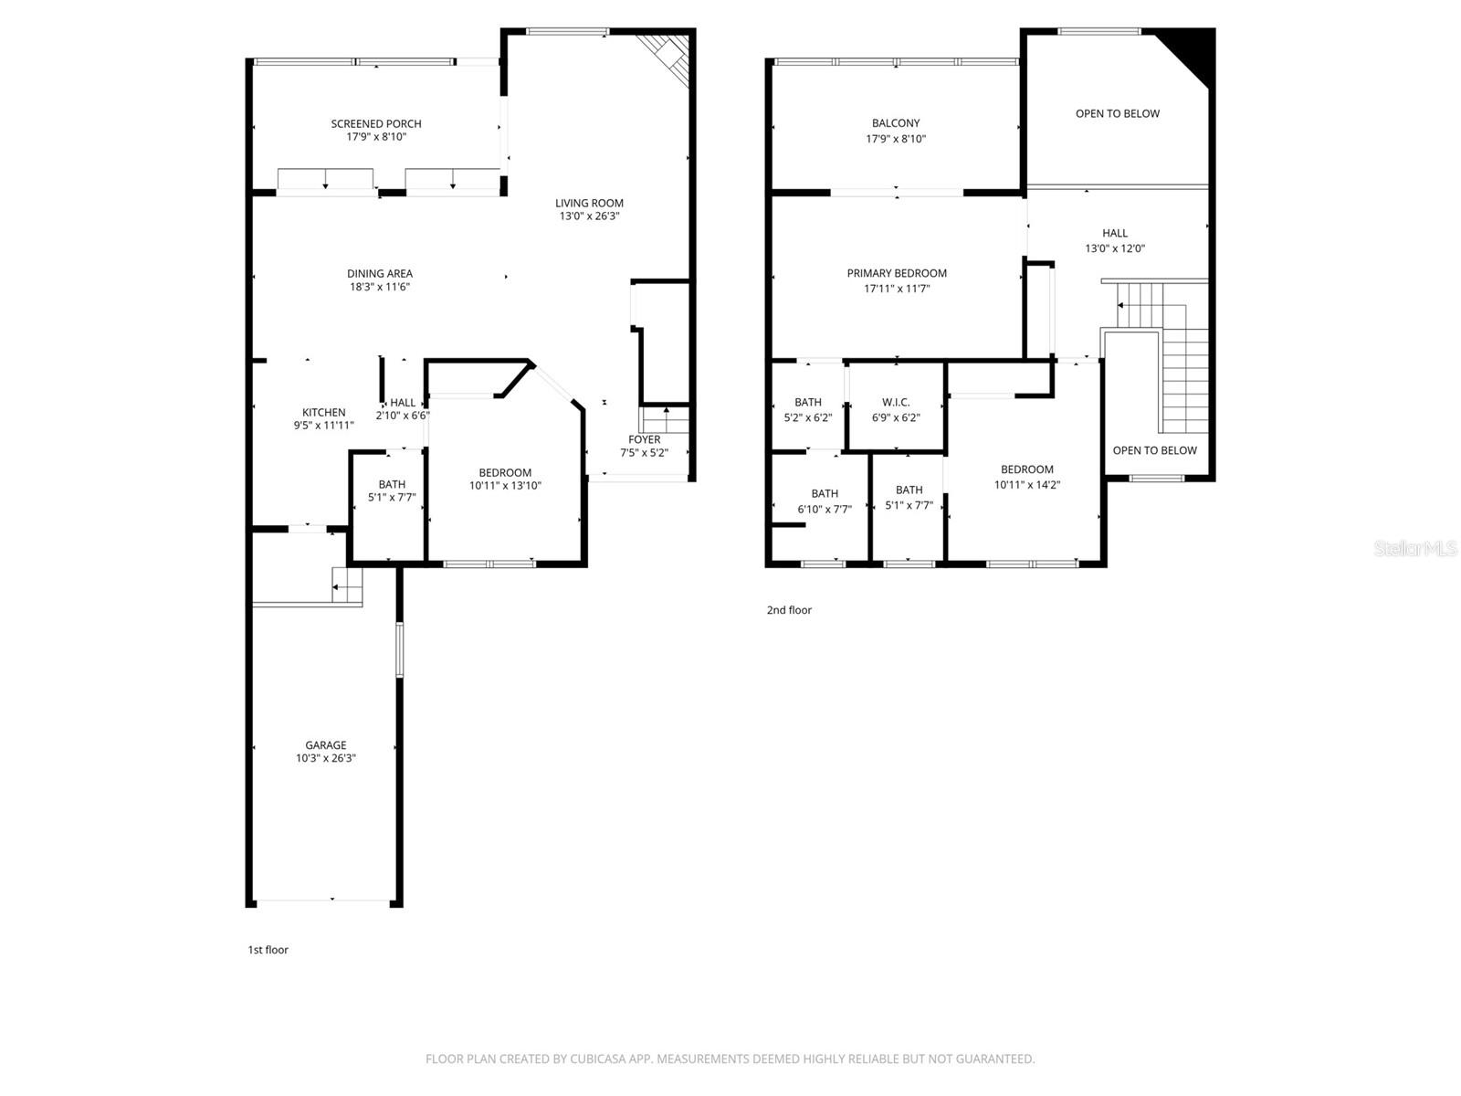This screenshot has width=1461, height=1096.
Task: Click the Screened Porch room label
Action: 376,124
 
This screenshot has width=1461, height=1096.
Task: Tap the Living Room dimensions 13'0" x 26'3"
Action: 590,216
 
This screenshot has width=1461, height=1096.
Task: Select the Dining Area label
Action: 380,273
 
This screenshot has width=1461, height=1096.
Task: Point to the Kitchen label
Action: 324,413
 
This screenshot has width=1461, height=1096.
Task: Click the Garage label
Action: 326,745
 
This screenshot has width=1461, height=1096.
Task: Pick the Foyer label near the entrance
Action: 645,439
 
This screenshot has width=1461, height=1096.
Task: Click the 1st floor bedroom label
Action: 505,473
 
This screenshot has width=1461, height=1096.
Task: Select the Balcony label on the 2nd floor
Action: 896,123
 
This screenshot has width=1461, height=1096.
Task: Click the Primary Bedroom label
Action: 897,273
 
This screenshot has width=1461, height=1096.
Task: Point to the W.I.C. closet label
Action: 896,403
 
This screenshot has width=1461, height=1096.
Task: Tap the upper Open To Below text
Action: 1118,114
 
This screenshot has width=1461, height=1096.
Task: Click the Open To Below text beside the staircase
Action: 1154,450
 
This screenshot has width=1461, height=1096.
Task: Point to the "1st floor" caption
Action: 268,950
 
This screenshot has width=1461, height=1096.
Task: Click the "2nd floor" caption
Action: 789,610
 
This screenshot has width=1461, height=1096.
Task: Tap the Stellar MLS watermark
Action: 1416,548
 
